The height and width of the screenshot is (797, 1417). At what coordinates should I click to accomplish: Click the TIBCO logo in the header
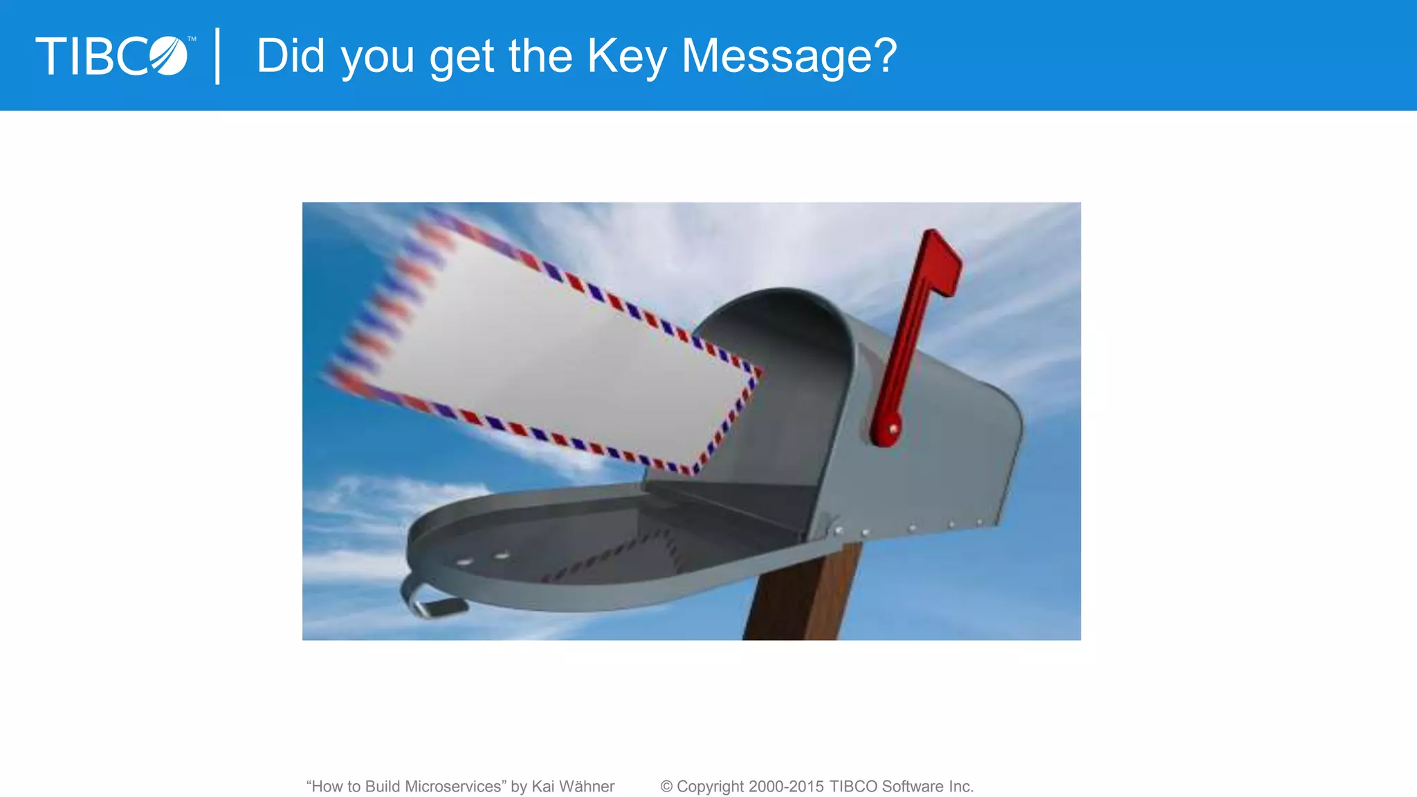pos(112,56)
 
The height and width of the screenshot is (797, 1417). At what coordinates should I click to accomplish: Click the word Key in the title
pos(626,56)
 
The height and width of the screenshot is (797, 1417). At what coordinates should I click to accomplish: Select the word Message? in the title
pos(789,56)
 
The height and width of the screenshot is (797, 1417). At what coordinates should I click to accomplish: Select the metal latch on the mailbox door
pos(432,602)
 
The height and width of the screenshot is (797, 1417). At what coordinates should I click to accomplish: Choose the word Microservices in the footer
pos(454,787)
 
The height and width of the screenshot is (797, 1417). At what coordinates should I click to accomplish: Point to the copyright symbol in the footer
pos(666,787)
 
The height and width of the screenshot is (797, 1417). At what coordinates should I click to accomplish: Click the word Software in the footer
pos(912,787)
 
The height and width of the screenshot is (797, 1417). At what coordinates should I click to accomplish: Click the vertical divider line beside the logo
pos(218,56)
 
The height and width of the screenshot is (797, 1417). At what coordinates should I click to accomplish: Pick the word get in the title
pos(461,56)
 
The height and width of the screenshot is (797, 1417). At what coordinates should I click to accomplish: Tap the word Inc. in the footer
pos(960,787)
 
